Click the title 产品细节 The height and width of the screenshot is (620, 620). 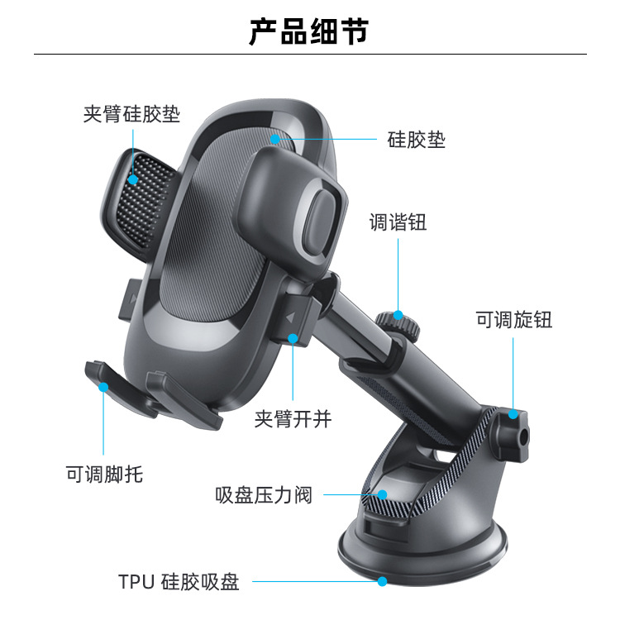coord(309,31)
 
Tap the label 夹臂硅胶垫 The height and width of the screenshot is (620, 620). coord(131,113)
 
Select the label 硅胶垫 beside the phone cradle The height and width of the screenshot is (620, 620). coord(417,140)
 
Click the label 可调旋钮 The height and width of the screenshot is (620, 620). coord(513,319)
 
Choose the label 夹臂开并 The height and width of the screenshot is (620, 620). coord(293,419)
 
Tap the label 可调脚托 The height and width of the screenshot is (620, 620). coord(104,475)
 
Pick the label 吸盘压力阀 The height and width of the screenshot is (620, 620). coord(264,495)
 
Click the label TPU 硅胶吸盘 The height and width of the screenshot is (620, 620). coord(178,582)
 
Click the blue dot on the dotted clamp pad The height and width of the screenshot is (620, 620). coord(133,178)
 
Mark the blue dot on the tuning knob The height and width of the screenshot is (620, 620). coord(398,315)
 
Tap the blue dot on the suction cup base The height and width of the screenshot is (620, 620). coord(382,582)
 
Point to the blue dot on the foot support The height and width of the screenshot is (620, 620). coord(103,385)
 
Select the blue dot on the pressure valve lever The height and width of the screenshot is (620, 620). coord(382,495)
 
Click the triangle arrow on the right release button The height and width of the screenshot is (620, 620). coord(290,317)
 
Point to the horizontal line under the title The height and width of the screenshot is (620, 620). coord(309,55)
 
